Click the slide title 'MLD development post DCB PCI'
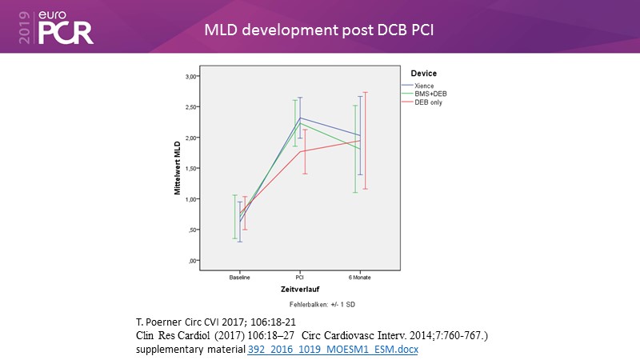pos(319,30)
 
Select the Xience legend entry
pos(423,85)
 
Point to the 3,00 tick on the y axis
pos(190,76)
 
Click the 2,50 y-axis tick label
pos(190,106)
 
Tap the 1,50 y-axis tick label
pos(190,168)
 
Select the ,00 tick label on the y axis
pos(192,260)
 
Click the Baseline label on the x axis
pos(239,277)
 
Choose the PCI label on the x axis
pos(299,277)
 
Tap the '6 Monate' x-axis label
pos(359,277)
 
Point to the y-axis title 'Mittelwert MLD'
pos(178,169)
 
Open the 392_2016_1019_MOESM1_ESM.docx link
pos(334,350)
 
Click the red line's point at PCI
pos(299,151)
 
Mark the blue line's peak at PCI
pos(300,118)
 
